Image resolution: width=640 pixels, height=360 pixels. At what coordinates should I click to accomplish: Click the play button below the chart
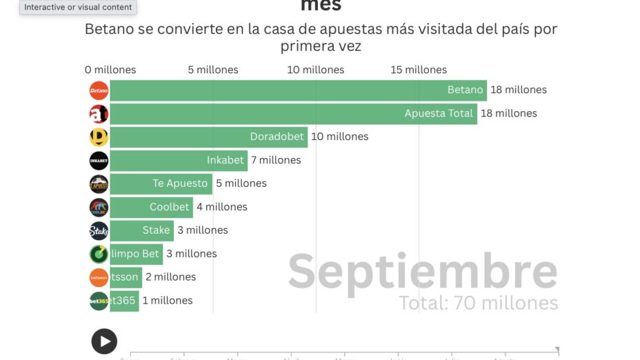coord(104,341)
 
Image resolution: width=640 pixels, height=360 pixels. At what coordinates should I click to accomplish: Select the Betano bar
coord(298,90)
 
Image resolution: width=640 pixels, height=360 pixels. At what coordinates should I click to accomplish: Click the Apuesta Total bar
coord(293,114)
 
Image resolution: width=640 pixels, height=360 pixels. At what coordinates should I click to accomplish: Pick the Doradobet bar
coord(208,137)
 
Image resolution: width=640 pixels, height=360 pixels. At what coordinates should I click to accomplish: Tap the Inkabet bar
coord(178,161)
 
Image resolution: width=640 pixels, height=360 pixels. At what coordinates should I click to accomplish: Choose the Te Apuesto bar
coord(160,184)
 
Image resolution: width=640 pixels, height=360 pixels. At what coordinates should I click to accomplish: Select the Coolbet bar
coord(151,208)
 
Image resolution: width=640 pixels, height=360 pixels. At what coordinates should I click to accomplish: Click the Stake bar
coord(141,231)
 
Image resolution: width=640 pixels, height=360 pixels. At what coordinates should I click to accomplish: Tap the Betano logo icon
coord(99,90)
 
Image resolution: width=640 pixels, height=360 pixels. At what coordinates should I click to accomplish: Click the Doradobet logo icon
coord(99,137)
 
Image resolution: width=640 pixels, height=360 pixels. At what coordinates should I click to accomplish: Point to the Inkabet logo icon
coord(99,161)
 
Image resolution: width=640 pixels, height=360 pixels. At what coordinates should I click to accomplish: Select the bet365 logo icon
coord(99,301)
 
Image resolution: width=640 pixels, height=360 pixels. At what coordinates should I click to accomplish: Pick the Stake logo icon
coord(99,231)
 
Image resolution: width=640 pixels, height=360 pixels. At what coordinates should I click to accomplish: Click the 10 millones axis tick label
coord(316,70)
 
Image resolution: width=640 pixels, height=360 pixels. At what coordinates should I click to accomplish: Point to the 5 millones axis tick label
coord(213,70)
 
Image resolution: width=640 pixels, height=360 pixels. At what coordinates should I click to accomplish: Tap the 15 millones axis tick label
coord(419,70)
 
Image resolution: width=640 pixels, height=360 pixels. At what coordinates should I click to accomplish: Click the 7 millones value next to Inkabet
coord(276,161)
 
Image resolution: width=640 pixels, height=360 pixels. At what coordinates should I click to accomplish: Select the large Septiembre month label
coord(422,272)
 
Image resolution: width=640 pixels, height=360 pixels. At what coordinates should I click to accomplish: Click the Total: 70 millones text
coord(478,303)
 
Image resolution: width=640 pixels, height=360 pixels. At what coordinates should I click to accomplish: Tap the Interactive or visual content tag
coord(78,7)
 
